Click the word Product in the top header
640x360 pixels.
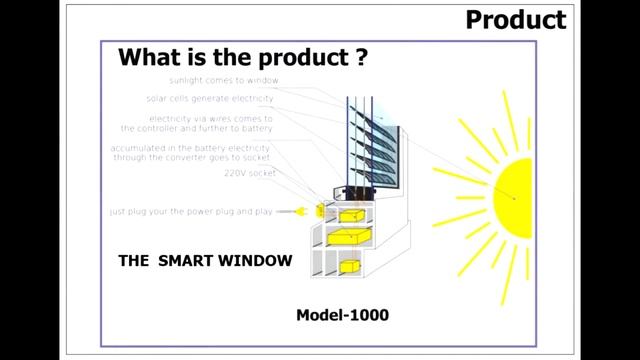[x=516, y=19]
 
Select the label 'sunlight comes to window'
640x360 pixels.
[x=223, y=80]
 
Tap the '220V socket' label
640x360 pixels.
[x=250, y=173]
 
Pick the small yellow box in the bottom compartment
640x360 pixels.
[x=349, y=266]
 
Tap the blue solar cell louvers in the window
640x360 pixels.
[x=364, y=140]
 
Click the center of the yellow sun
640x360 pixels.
[x=516, y=196]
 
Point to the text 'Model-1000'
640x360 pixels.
[x=342, y=315]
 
